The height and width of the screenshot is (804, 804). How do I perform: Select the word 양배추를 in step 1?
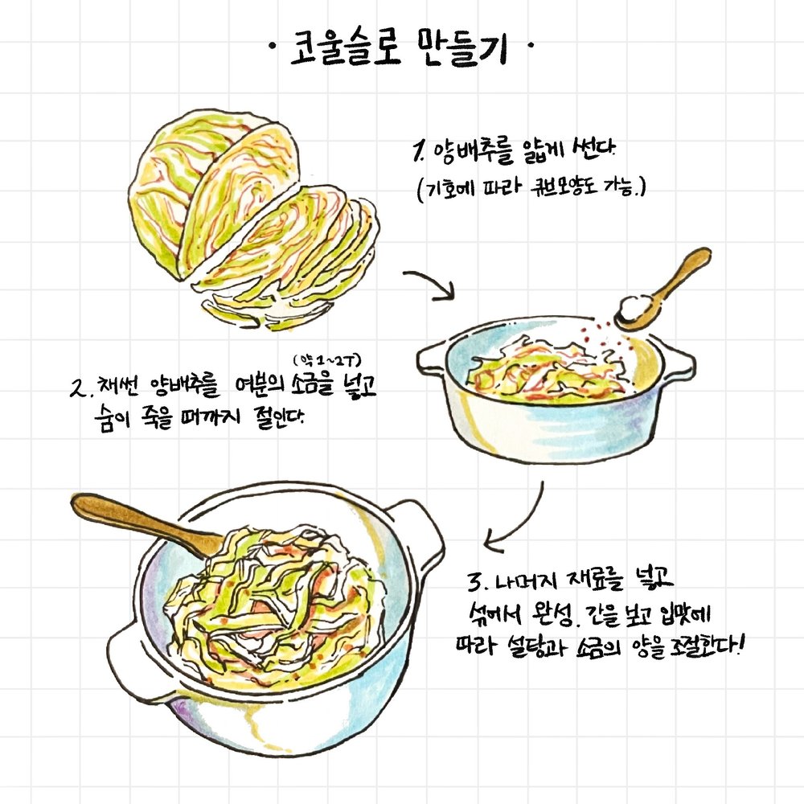474,152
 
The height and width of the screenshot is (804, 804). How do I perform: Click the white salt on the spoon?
632,308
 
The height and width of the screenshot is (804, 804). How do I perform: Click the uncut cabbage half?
213,195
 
